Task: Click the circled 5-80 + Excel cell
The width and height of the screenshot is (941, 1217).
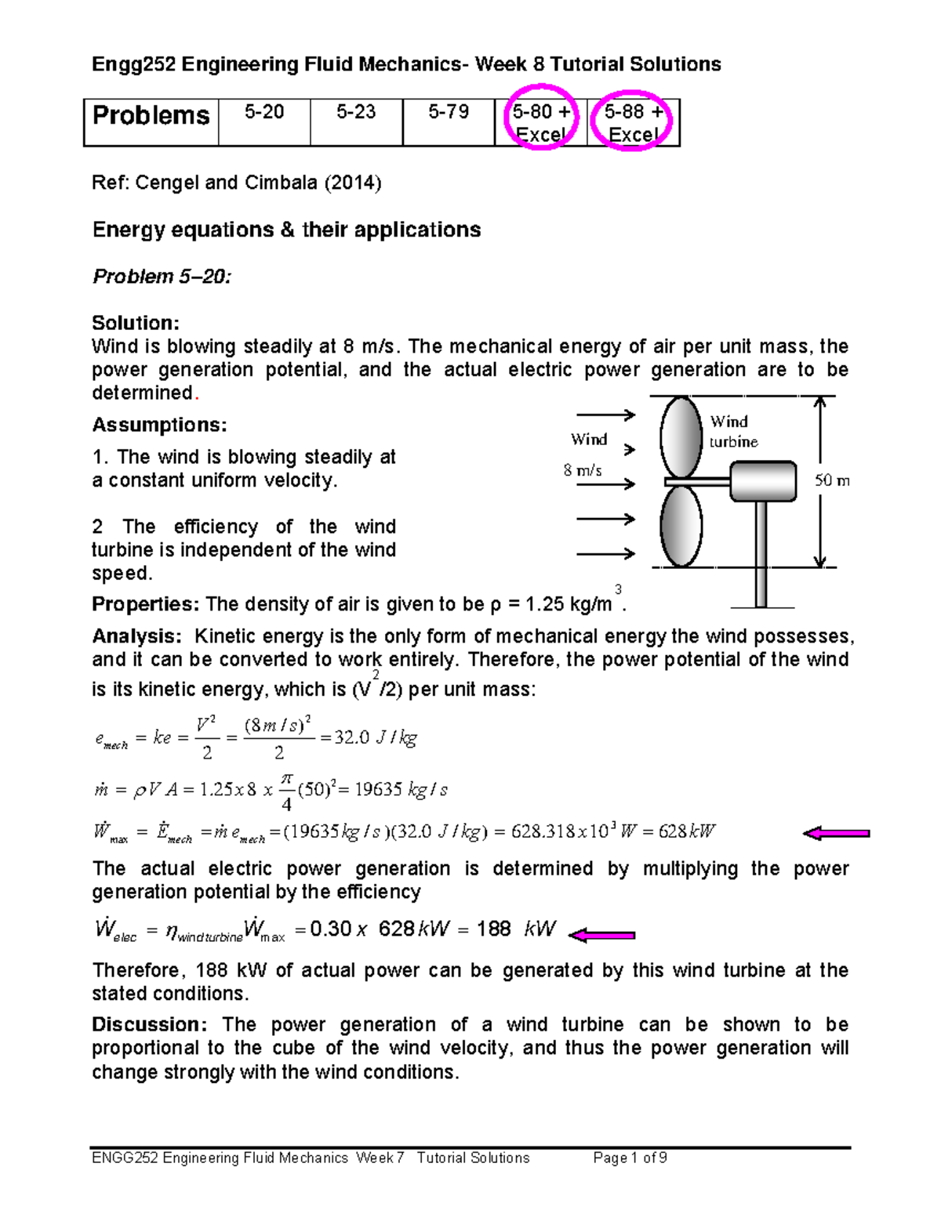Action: point(541,123)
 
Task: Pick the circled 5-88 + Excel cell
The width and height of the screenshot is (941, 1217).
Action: point(633,123)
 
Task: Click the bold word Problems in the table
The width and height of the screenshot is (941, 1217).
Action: point(151,116)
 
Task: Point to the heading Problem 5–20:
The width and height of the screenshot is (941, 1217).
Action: point(162,277)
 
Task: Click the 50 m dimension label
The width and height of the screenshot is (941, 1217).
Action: point(832,480)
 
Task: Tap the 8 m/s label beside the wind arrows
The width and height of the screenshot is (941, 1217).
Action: point(583,470)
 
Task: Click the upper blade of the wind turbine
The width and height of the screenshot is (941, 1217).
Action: point(680,436)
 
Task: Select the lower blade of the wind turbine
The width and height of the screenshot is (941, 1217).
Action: point(681,525)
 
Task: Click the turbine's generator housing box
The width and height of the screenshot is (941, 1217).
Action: point(763,481)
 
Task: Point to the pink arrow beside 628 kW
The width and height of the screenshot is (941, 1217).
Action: point(836,834)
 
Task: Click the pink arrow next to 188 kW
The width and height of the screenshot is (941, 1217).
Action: point(601,935)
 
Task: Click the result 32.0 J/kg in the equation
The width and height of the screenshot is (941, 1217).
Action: point(376,737)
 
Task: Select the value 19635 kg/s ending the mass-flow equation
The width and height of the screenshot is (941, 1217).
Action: point(401,790)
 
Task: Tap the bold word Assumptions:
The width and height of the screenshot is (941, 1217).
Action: point(160,426)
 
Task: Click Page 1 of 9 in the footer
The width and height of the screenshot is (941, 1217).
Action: point(630,1158)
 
